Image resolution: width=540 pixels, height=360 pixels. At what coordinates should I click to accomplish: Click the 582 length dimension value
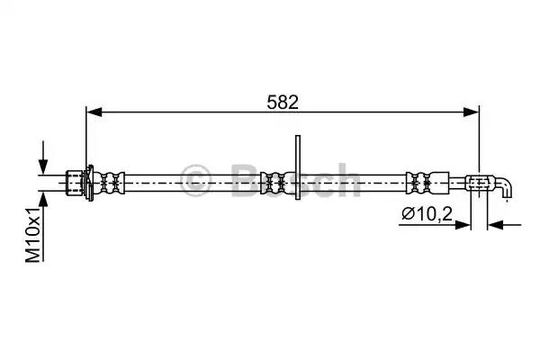283,103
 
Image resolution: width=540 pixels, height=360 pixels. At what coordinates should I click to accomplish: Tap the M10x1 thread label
33,235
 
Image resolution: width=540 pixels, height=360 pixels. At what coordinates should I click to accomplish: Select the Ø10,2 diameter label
427,214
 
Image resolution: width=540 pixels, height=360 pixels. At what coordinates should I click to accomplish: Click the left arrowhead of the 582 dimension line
94,112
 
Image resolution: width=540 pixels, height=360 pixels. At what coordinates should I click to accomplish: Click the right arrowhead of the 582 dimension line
471,112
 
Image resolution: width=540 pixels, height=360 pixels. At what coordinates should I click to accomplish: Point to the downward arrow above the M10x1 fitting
42,157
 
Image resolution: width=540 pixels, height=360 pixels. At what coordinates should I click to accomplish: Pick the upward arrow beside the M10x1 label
42,226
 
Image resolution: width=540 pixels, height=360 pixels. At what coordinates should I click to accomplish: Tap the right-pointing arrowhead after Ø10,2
463,225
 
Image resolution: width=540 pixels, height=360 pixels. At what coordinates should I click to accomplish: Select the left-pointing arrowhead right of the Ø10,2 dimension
496,225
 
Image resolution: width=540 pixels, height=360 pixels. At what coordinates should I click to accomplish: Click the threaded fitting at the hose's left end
75,183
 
